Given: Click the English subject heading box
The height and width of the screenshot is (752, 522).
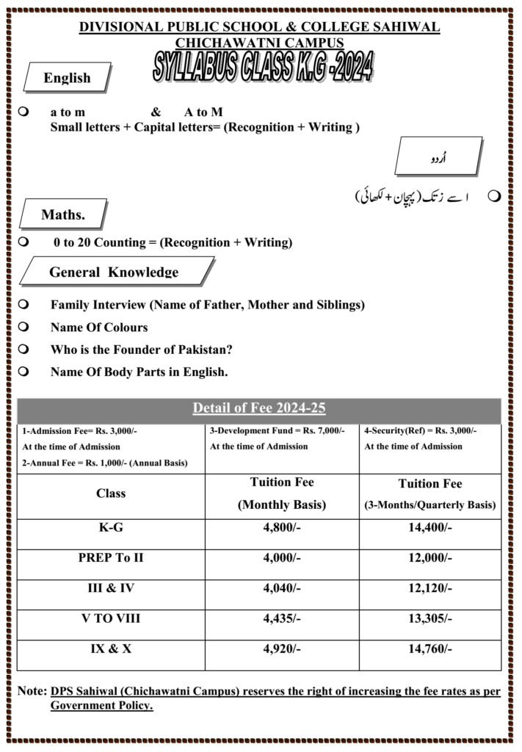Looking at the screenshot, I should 67,78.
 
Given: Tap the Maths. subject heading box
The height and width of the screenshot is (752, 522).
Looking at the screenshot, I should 63,215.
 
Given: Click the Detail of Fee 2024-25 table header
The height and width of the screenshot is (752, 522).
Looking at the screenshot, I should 259,408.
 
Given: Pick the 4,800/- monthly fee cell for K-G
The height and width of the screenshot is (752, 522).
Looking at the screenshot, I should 282,527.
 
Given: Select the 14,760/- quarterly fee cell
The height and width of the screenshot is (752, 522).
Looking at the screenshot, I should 429,648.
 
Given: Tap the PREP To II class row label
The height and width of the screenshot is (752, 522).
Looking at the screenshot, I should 111,557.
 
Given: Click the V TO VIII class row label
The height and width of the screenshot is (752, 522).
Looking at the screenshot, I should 111,618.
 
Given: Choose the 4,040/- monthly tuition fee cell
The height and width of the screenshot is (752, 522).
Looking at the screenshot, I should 282,588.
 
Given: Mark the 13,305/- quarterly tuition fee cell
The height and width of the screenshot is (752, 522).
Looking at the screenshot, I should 429,618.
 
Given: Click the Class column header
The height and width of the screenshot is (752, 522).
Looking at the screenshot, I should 111,493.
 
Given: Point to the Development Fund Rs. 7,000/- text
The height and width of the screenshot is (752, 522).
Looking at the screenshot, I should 277,431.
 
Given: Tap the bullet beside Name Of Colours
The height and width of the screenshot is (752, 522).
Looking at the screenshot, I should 24,327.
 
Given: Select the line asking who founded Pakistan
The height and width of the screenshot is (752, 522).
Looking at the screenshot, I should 137,350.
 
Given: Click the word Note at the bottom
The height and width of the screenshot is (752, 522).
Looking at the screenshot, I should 32,692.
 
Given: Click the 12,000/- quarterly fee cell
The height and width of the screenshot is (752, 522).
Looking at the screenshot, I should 429,557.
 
